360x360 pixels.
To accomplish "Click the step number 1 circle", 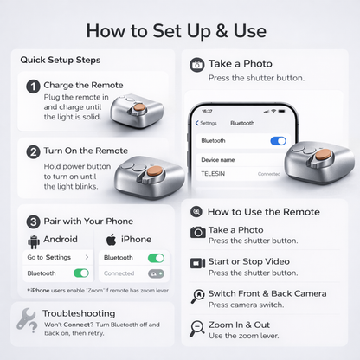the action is (x=33, y=87).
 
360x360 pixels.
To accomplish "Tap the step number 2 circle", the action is (x=33, y=152).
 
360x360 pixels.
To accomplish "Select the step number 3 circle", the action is (x=33, y=222).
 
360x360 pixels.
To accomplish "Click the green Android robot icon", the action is (x=34, y=241).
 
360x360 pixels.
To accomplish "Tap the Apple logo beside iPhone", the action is (x=112, y=240).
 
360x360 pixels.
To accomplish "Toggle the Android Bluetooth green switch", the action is (x=81, y=273).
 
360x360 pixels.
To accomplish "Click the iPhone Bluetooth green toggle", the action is (x=156, y=258).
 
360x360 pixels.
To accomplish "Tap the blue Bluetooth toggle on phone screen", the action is (x=279, y=141).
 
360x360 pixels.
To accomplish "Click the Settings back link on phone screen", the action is (x=206, y=123).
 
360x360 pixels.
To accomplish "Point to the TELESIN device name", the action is (x=213, y=174).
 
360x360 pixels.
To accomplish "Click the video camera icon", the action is (x=197, y=263).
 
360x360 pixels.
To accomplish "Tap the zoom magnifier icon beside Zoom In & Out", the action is (x=196, y=329).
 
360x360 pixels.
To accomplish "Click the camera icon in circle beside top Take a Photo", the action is (x=197, y=65).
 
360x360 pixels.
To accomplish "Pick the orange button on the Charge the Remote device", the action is (x=139, y=107).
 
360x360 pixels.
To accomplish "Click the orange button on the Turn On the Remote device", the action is (x=153, y=171).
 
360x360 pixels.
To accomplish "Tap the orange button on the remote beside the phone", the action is (x=323, y=155).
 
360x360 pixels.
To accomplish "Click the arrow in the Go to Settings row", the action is (x=87, y=257).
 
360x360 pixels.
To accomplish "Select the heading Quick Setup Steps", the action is (x=61, y=60).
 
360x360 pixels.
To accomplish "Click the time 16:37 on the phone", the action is (x=207, y=111).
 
